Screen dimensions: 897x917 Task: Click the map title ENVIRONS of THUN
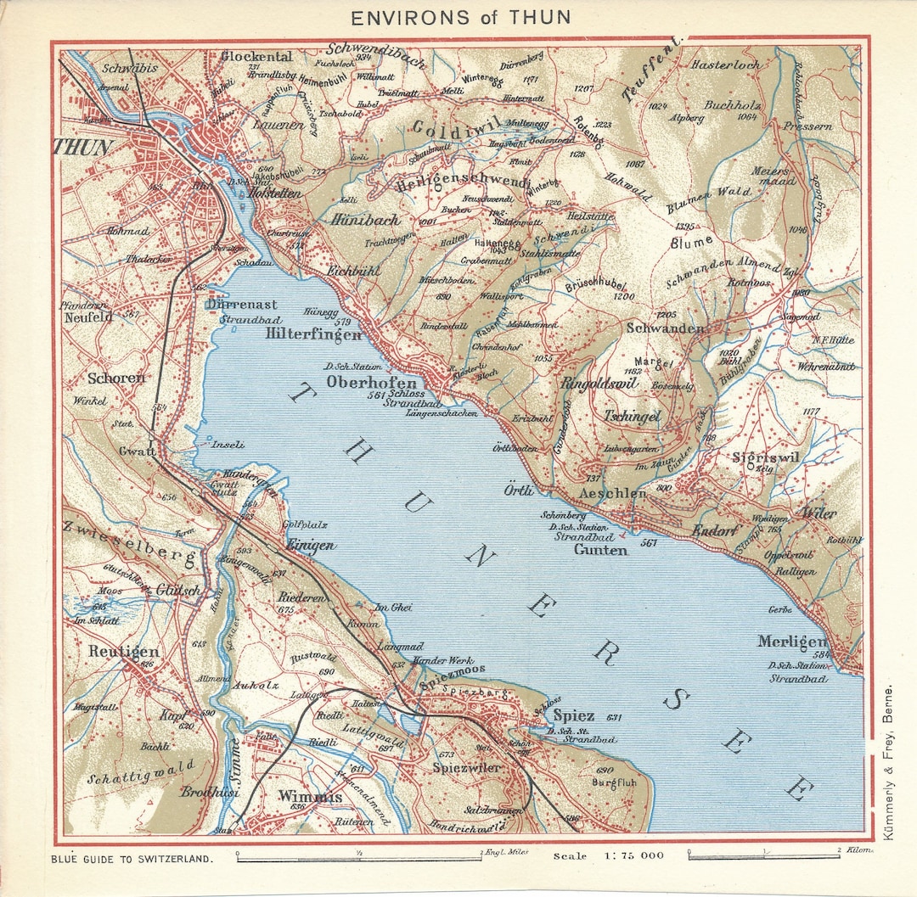[x=461, y=17]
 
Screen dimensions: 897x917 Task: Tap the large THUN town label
[x=83, y=147]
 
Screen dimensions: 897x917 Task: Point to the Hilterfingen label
[x=313, y=335]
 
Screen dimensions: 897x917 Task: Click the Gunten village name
[x=600, y=550]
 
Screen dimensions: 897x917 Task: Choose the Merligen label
[x=792, y=642]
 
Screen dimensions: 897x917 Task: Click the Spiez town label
[x=574, y=715]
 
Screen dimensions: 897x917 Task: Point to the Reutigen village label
[x=123, y=652]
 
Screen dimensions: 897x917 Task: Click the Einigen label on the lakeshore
[x=310, y=546]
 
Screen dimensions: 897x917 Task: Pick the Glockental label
[x=256, y=57]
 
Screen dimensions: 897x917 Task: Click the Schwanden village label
[x=665, y=328]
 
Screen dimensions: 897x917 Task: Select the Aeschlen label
[x=611, y=493]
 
